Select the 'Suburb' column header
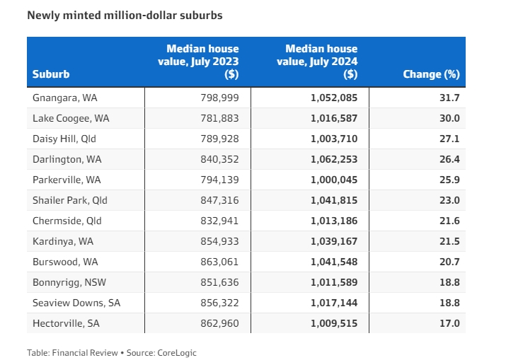[x=51, y=74]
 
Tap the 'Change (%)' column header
[x=431, y=74]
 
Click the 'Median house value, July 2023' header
[x=202, y=62]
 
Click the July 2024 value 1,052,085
[x=334, y=98]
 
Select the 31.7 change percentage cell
[x=449, y=98]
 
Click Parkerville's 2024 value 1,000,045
[x=334, y=180]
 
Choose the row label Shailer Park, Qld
[x=70, y=200]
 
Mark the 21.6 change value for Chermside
[x=449, y=221]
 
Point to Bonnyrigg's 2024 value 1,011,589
[x=334, y=282]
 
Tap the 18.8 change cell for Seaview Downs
[x=449, y=303]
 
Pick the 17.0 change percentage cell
[x=449, y=323]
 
